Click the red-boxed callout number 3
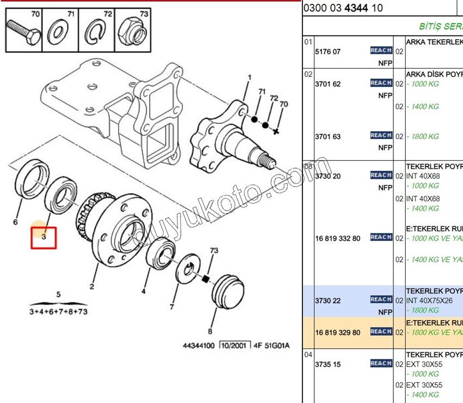click(44, 237)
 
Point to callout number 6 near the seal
click(15, 222)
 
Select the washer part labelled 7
click(191, 268)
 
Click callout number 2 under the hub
click(92, 286)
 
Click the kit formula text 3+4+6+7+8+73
click(58, 312)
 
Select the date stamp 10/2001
click(235, 346)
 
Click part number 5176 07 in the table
click(327, 52)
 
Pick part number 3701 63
click(327, 136)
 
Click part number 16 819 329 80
click(338, 332)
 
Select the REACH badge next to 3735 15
click(381, 363)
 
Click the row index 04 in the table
click(308, 354)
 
